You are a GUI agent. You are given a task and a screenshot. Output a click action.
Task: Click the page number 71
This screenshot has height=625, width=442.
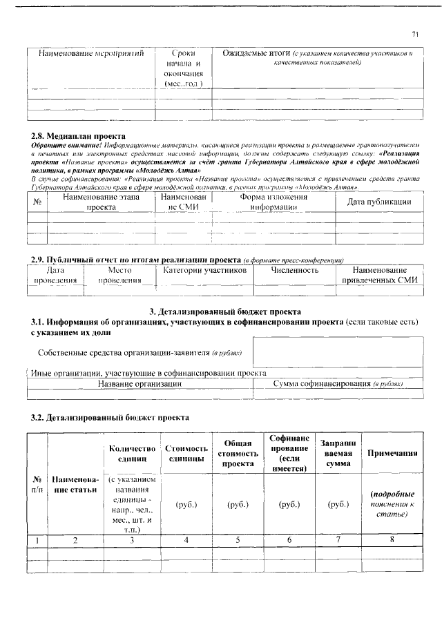[x=415, y=34]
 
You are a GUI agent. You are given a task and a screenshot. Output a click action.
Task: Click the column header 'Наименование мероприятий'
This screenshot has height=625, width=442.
[x=90, y=53]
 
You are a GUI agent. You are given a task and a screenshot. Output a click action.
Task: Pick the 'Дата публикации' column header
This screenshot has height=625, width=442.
[x=378, y=202]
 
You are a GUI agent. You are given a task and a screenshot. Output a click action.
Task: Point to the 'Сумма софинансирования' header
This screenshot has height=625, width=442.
[x=338, y=383]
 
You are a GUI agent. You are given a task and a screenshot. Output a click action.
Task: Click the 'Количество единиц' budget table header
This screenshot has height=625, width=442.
[x=131, y=453]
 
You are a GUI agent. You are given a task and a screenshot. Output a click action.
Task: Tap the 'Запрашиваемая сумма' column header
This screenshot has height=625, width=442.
[x=338, y=453]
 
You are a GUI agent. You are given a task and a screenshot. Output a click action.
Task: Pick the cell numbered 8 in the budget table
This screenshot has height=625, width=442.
[x=392, y=540]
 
